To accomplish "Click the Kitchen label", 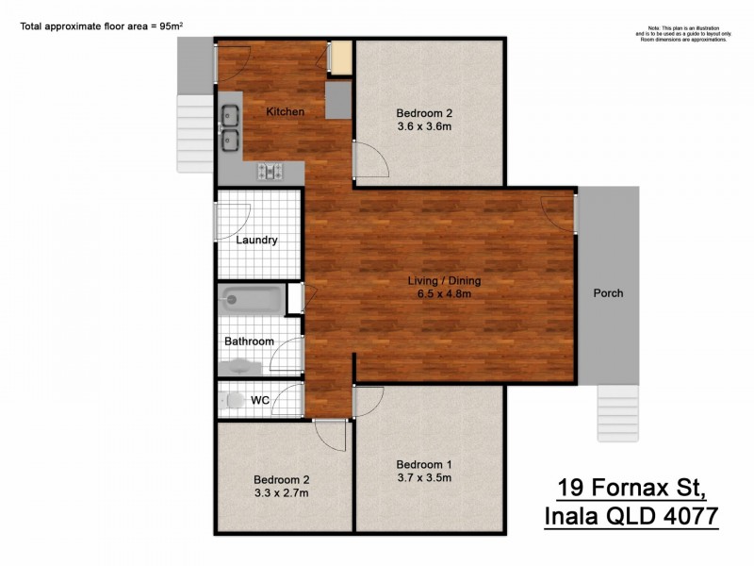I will click(x=285, y=112).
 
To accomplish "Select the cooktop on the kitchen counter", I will click(x=271, y=172).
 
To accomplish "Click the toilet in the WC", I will click(x=233, y=400).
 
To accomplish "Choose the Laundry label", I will click(x=256, y=240).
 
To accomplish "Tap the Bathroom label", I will click(x=249, y=341).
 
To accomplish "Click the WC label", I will click(x=260, y=400).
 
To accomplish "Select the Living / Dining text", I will click(x=444, y=281).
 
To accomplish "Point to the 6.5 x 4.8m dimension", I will click(x=444, y=294).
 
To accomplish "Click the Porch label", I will click(x=608, y=292).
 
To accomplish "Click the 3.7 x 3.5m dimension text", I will click(x=423, y=477).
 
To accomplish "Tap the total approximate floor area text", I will click(x=99, y=26).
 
